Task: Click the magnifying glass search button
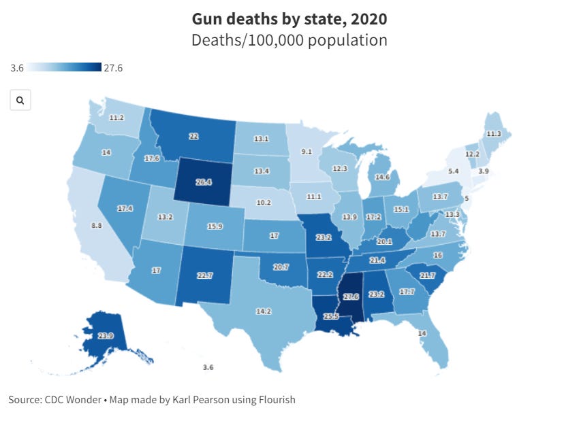[x=20, y=101]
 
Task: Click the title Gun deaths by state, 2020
[x=289, y=18]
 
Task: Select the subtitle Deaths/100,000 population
[x=289, y=40]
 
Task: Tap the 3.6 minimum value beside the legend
[x=18, y=67]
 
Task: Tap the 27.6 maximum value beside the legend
[x=113, y=67]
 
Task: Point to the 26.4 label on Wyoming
[x=204, y=182]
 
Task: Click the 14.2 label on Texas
[x=262, y=311]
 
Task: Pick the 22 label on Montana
[x=193, y=136]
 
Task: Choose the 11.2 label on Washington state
[x=116, y=118]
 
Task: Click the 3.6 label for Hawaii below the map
[x=208, y=367]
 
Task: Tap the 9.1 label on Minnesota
[x=307, y=151]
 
